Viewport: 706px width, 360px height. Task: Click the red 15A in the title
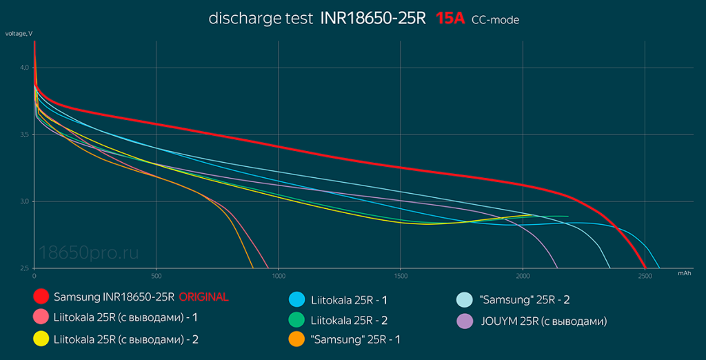tap(450, 19)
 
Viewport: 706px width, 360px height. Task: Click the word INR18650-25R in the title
tap(373, 19)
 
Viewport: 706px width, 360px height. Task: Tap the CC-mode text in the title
tap(495, 20)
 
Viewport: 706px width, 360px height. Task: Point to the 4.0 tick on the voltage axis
tap(24, 68)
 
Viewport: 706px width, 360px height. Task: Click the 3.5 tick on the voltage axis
tap(24, 134)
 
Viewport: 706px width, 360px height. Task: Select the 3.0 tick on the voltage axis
tap(24, 201)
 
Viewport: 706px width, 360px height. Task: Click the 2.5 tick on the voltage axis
tap(24, 268)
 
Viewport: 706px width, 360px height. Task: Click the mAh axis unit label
tap(684, 274)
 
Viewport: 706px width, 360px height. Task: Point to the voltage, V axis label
tap(19, 34)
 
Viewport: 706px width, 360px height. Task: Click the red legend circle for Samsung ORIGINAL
tap(41, 297)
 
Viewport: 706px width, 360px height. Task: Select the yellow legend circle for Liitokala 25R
tap(41, 339)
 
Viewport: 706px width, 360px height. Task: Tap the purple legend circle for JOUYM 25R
tap(465, 321)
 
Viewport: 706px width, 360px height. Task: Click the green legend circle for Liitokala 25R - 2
tap(296, 321)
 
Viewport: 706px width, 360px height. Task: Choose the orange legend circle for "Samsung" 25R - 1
tap(296, 339)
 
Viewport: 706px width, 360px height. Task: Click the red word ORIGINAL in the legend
tap(203, 297)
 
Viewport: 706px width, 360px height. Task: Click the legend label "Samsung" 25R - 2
tap(524, 300)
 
